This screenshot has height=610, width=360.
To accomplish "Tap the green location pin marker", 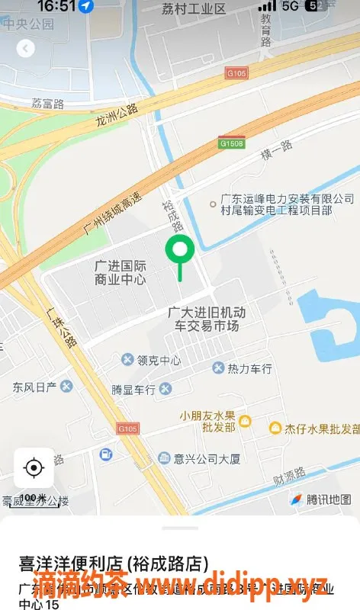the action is (180, 249).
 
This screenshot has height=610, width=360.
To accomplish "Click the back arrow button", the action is (26, 49).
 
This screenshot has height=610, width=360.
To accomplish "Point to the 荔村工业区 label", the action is (194, 9).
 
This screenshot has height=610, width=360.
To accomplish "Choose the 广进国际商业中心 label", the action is (121, 272).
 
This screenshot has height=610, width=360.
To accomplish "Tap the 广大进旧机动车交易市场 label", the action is (207, 319).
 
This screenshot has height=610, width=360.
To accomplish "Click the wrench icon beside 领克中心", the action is (128, 359).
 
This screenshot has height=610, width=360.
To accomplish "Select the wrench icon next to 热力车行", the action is (219, 368).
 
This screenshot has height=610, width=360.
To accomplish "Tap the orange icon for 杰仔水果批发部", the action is (275, 429).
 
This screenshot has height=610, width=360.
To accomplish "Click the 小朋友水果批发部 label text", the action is (207, 422).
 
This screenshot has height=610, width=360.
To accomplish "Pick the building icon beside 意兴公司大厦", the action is (164, 457).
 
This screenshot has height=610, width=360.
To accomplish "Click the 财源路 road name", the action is (288, 481).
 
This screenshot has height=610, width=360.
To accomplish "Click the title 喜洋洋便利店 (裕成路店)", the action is (113, 563).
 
